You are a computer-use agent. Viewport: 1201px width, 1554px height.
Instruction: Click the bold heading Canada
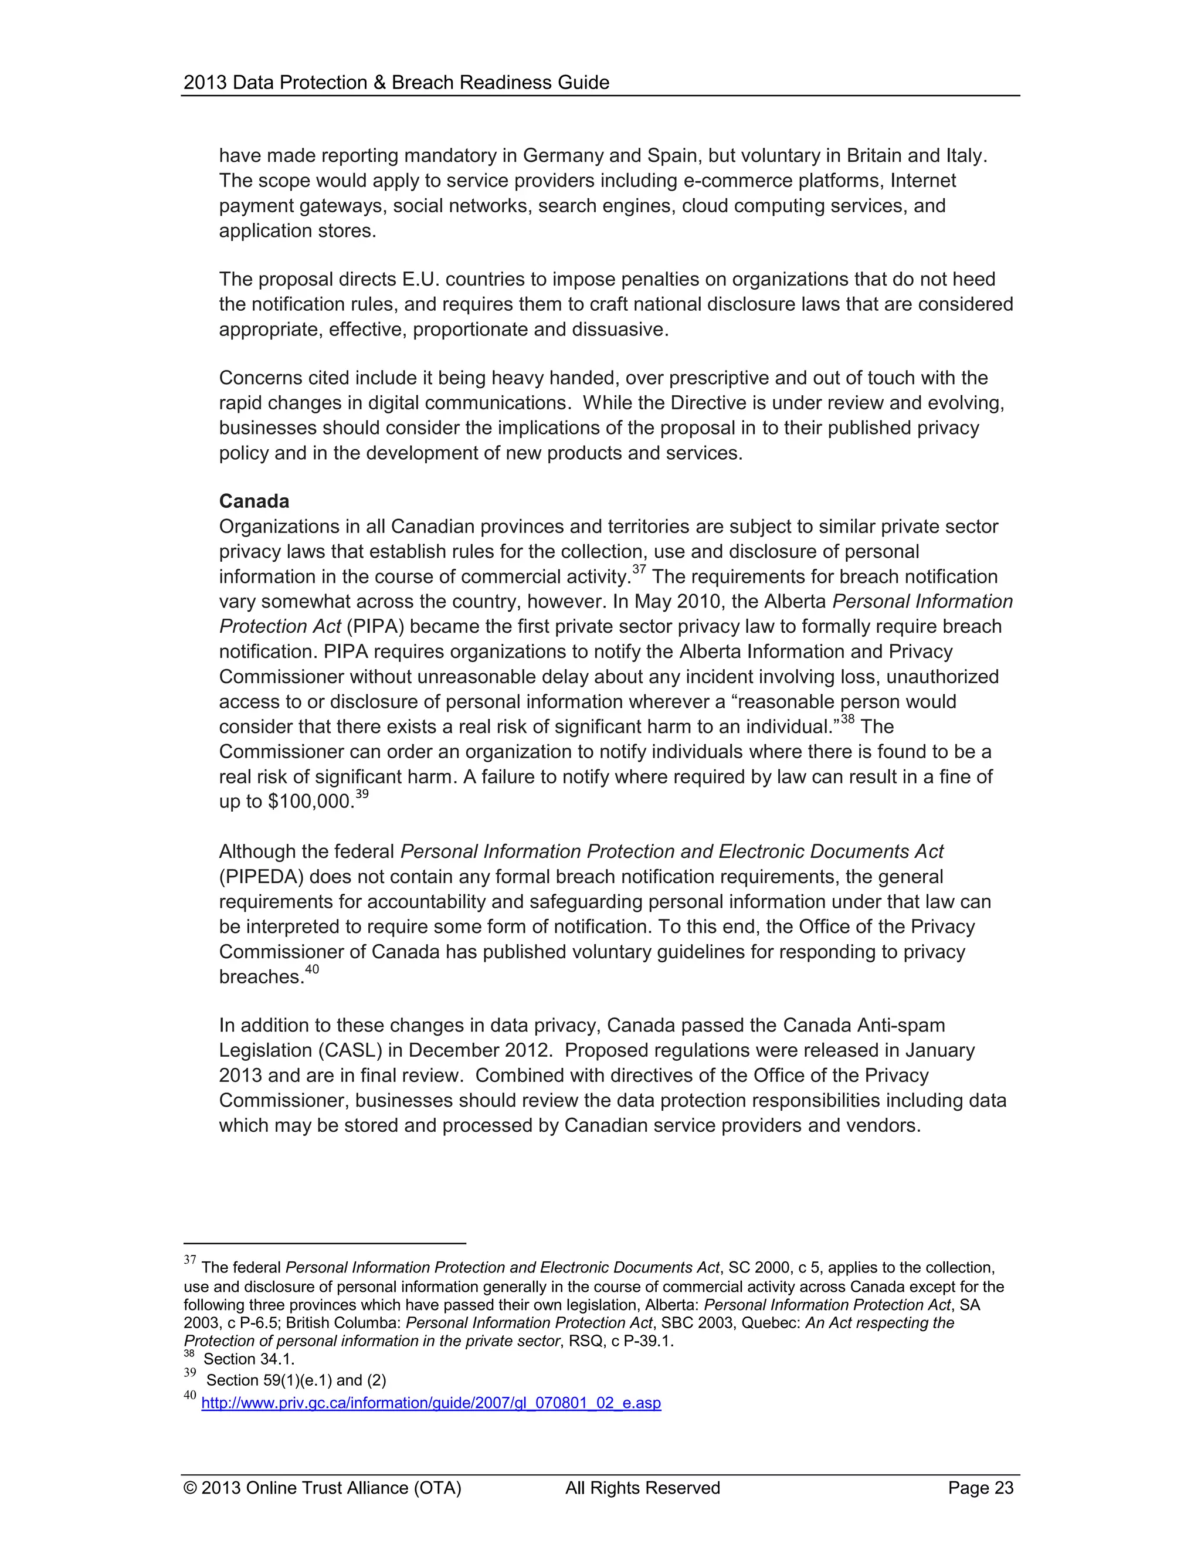pos(254,501)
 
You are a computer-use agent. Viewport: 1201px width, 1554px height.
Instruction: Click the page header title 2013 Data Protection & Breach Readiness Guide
pos(396,83)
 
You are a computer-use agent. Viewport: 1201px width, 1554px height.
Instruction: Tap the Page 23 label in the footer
pos(981,1488)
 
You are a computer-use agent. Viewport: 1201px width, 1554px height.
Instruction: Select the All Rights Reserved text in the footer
pos(643,1488)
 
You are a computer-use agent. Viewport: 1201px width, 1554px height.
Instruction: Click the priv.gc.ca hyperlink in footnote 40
pos(431,1403)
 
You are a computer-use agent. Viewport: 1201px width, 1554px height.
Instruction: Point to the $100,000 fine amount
pos(310,802)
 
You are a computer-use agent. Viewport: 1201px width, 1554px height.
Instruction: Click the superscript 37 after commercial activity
pos(639,569)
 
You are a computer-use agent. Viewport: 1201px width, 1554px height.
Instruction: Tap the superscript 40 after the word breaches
pos(311,969)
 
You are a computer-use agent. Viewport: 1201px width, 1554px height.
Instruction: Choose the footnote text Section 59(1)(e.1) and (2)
pos(296,1380)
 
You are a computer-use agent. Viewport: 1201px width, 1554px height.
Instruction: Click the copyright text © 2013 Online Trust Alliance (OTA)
pos(323,1488)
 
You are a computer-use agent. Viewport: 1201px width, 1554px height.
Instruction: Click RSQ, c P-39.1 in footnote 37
pos(620,1341)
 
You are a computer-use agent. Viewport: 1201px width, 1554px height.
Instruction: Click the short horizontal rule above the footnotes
pos(324,1243)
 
